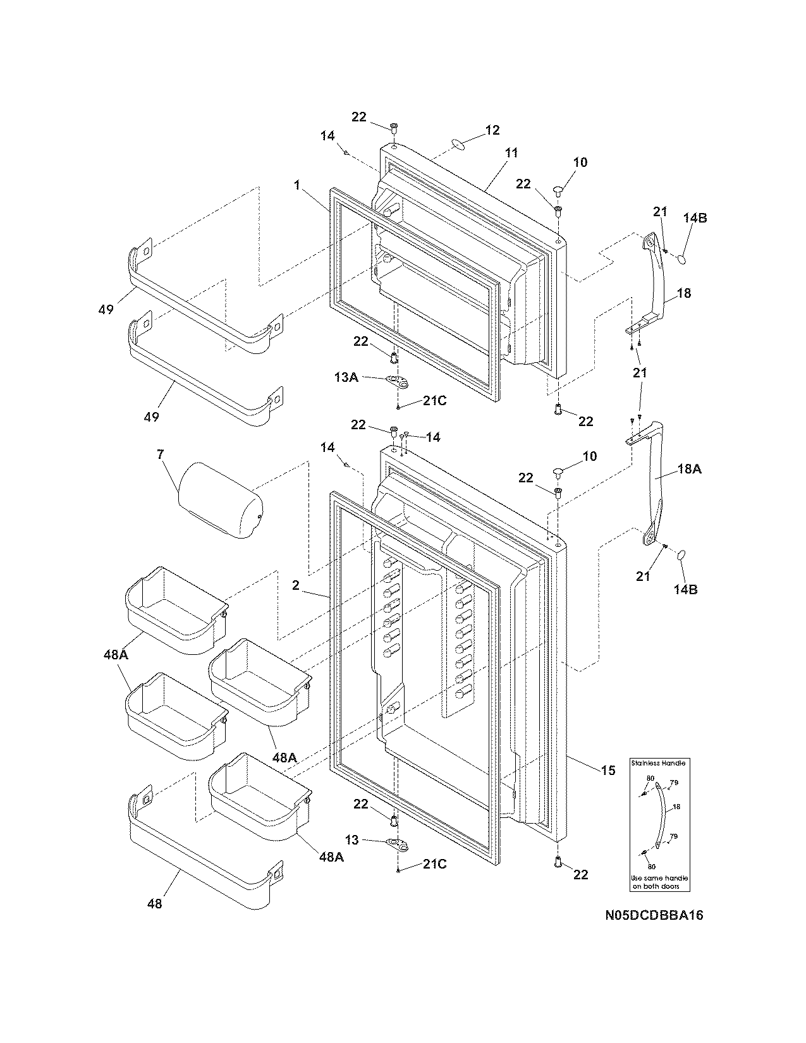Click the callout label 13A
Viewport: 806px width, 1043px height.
click(346, 377)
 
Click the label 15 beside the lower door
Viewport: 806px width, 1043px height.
click(608, 770)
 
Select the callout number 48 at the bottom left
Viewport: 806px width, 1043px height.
click(154, 903)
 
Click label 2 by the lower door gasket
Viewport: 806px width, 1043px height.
click(296, 586)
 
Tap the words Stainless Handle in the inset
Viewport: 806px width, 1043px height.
click(658, 763)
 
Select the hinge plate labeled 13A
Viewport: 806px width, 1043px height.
click(396, 380)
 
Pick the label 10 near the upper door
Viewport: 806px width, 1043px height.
click(580, 162)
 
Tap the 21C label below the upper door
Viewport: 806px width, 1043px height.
click(434, 401)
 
